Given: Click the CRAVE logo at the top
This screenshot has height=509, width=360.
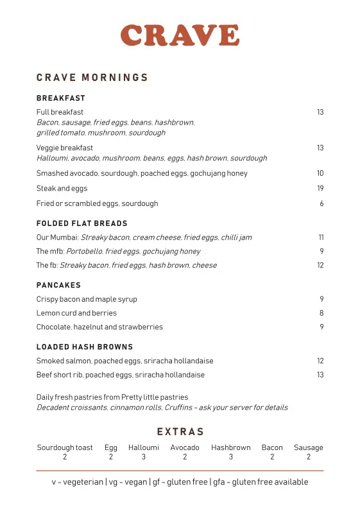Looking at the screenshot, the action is (x=180, y=35).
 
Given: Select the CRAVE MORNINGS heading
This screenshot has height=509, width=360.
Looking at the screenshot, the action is (x=92, y=78).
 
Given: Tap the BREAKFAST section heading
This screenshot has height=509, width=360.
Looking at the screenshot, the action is (x=61, y=98).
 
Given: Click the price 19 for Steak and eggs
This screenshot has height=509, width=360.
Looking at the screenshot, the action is (x=320, y=189).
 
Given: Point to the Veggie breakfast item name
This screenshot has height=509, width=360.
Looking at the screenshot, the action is (x=65, y=148).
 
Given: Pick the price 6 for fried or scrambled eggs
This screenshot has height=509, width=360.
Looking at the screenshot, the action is (x=321, y=203).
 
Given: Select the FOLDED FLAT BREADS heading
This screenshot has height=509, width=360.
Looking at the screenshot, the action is (x=82, y=223).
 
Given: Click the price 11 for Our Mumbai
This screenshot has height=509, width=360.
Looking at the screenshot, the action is (x=321, y=237).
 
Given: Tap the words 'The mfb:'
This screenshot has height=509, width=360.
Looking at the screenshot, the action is (x=50, y=252).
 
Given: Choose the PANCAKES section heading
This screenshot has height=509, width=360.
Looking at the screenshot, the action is (x=58, y=285).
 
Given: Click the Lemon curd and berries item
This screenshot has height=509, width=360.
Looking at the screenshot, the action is (x=76, y=313).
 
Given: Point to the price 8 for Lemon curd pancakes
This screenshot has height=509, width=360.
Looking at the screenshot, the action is (x=321, y=313).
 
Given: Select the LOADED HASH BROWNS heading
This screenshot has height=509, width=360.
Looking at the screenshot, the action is (x=85, y=347).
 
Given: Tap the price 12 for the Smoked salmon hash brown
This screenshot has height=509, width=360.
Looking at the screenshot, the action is (x=320, y=361).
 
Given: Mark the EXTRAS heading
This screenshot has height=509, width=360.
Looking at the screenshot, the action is (x=180, y=432).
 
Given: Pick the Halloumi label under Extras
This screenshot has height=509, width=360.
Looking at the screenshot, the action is (x=144, y=447).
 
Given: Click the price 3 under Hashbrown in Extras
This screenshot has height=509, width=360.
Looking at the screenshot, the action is (x=231, y=457).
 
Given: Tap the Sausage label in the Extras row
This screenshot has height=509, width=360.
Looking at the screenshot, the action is (x=309, y=447).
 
